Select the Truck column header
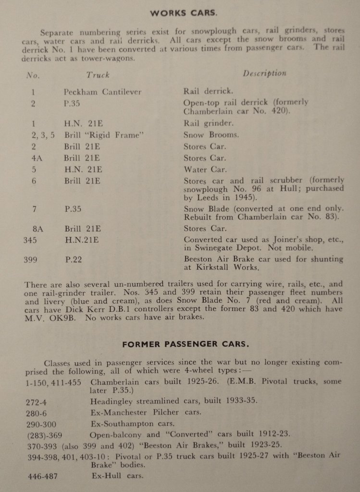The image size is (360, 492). click(x=98, y=74)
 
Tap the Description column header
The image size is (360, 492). click(x=264, y=74)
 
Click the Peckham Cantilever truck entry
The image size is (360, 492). click(x=102, y=91)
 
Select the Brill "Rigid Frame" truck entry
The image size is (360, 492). click(x=104, y=135)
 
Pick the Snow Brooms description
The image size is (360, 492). click(x=211, y=135)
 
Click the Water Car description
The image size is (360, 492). click(x=205, y=170)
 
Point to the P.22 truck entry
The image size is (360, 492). click(x=74, y=259)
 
